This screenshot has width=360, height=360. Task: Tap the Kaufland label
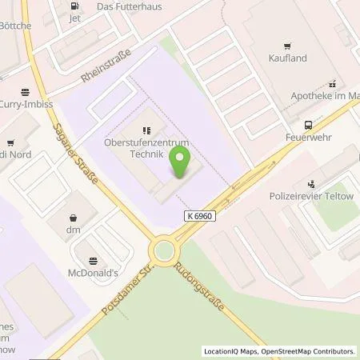(x=286, y=56)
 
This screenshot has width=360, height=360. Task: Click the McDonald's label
(x=94, y=274)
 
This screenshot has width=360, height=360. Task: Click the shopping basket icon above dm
(x=74, y=216)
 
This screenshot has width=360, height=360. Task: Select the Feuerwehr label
(x=308, y=138)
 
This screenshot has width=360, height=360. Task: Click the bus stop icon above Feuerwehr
(x=308, y=125)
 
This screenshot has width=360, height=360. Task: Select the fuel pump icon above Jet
(x=75, y=4)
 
